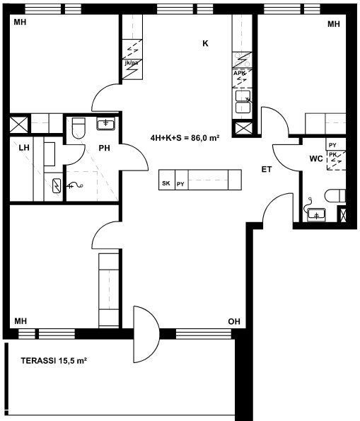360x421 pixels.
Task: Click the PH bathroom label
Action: [x=104, y=148]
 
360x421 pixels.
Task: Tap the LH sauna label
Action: [x=24, y=148]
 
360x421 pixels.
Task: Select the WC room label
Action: [x=316, y=158]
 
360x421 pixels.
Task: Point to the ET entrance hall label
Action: [x=267, y=169]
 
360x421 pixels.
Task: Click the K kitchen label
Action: [x=205, y=43]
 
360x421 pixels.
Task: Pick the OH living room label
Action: [x=234, y=321]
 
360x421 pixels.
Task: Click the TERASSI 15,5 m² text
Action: [x=54, y=361]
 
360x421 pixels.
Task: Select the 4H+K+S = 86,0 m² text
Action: [x=185, y=138]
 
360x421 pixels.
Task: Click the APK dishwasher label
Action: [x=239, y=73]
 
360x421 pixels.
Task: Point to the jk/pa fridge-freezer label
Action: [x=132, y=63]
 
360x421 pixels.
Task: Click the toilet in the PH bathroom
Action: [x=79, y=128]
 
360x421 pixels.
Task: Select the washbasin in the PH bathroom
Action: [x=106, y=124]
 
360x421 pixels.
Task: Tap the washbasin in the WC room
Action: [x=317, y=214]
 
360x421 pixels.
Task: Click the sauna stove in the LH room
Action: [x=57, y=186]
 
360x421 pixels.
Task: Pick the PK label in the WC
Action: [x=333, y=155]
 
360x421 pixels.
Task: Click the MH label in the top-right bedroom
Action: [x=334, y=24]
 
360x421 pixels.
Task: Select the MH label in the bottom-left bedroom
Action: [x=21, y=321]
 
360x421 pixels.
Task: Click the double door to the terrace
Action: [x=146, y=334]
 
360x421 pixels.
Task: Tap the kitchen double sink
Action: [x=243, y=101]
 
